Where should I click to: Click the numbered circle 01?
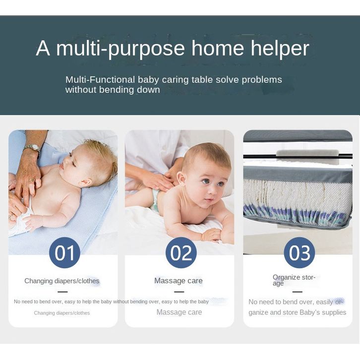pyautogui.click(x=64, y=252)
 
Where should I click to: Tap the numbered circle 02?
pyautogui.click(x=181, y=252)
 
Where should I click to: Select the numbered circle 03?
pyautogui.click(x=300, y=252)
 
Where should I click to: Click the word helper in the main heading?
pyautogui.click(x=280, y=49)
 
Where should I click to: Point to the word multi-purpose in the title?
pyautogui.click(x=120, y=49)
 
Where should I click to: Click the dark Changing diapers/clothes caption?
pyautogui.click(x=62, y=281)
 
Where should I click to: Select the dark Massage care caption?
pyautogui.click(x=179, y=281)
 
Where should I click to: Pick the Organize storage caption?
pyautogui.click(x=294, y=280)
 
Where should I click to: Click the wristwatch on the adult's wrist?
pyautogui.click(x=32, y=148)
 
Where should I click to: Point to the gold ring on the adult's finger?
pyautogui.click(x=32, y=180)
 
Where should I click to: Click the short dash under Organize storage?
pyautogui.click(x=298, y=292)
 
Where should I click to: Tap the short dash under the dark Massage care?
pyautogui.click(x=179, y=292)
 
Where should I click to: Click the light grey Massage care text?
pyautogui.click(x=180, y=312)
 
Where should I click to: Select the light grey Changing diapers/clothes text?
pyautogui.click(x=62, y=313)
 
